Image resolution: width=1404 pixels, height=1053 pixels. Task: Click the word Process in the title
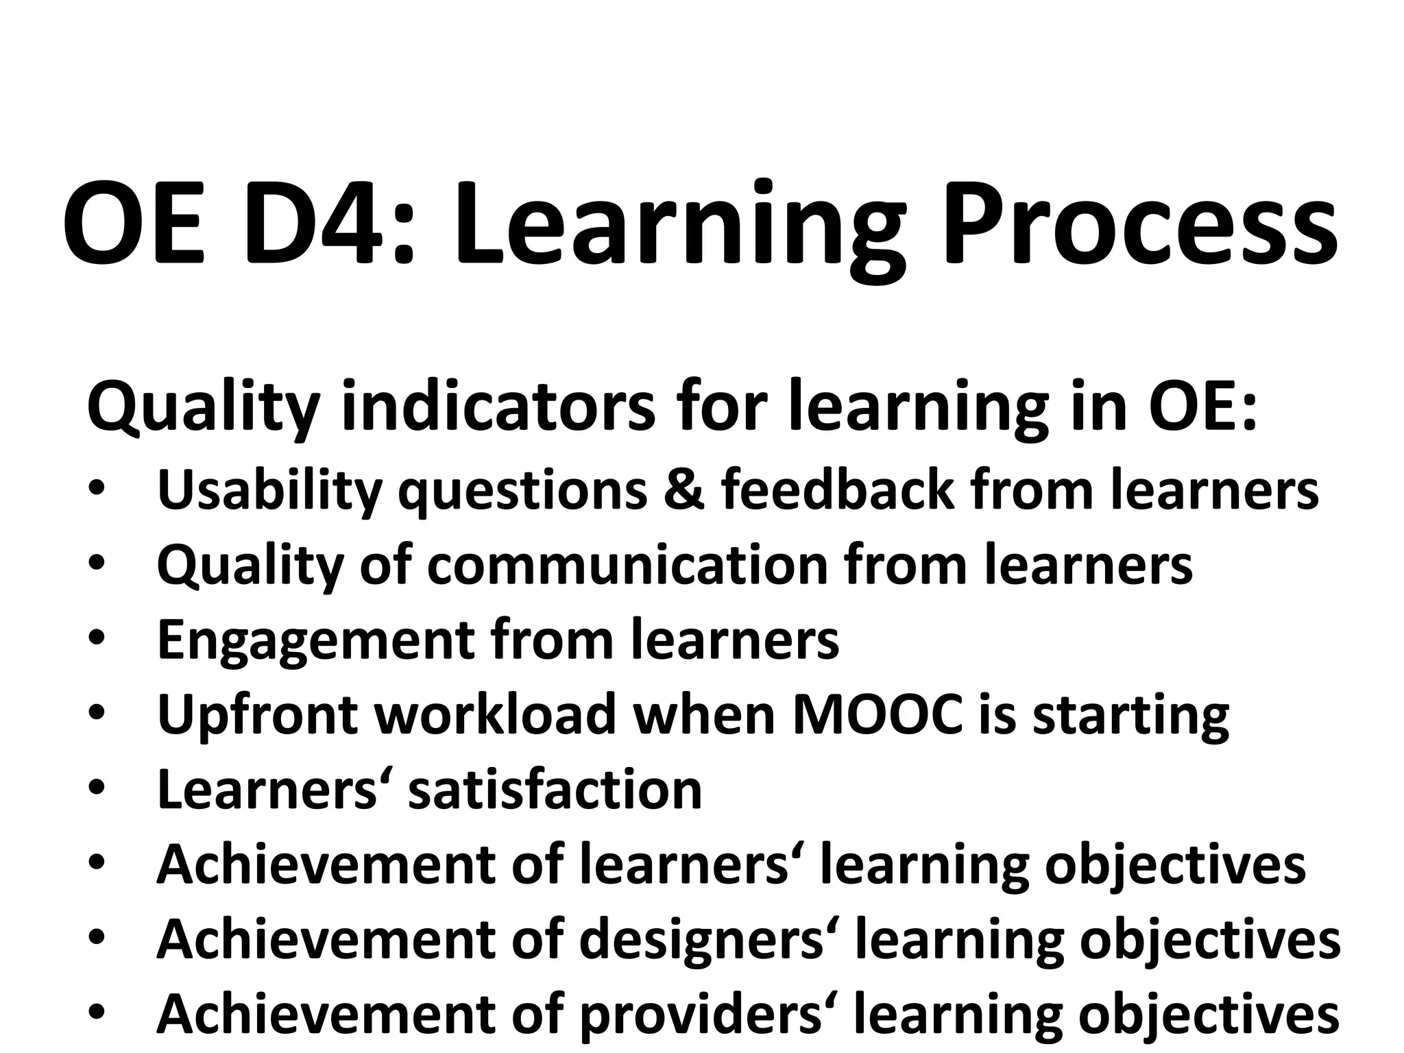point(1139,223)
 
